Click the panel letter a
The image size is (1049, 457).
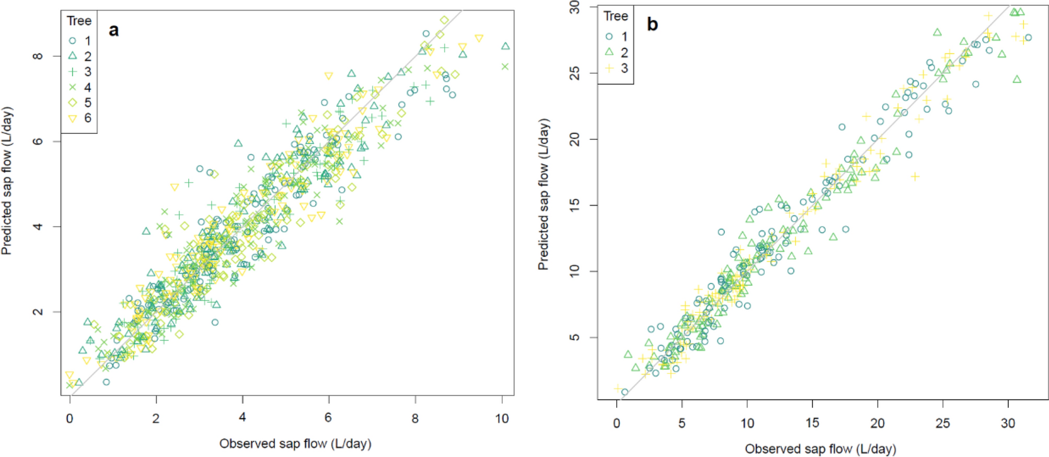click(113, 30)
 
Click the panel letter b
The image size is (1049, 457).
click(652, 24)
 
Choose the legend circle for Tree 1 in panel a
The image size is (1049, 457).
click(73, 40)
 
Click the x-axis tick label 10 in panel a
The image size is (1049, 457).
click(502, 418)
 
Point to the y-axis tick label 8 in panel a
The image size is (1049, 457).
click(38, 55)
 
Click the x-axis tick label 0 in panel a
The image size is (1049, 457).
click(70, 418)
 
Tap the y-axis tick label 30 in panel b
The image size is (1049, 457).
click(574, 7)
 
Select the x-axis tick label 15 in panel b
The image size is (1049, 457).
click(812, 423)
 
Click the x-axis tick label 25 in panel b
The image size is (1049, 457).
click(943, 423)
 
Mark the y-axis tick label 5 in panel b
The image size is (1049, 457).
click(574, 337)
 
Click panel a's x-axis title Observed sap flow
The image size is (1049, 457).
click(295, 443)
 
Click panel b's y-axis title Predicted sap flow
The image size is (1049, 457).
click(544, 194)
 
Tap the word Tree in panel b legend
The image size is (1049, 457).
click(616, 16)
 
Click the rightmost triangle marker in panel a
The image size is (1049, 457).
click(505, 46)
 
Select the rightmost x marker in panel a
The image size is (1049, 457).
click(505, 66)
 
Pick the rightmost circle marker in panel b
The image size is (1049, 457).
click(1028, 38)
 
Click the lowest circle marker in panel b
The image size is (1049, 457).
click(625, 392)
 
